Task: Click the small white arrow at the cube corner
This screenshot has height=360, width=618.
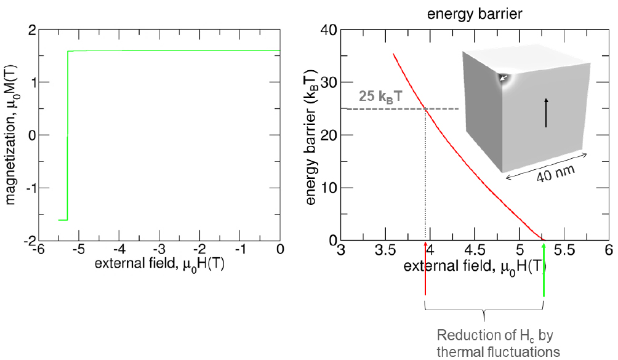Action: coord(504,78)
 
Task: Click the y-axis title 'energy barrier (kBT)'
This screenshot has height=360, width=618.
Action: coord(311,134)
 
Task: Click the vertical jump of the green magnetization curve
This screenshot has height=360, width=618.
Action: coord(67,135)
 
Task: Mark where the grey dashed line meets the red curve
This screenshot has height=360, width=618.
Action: coord(425,109)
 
